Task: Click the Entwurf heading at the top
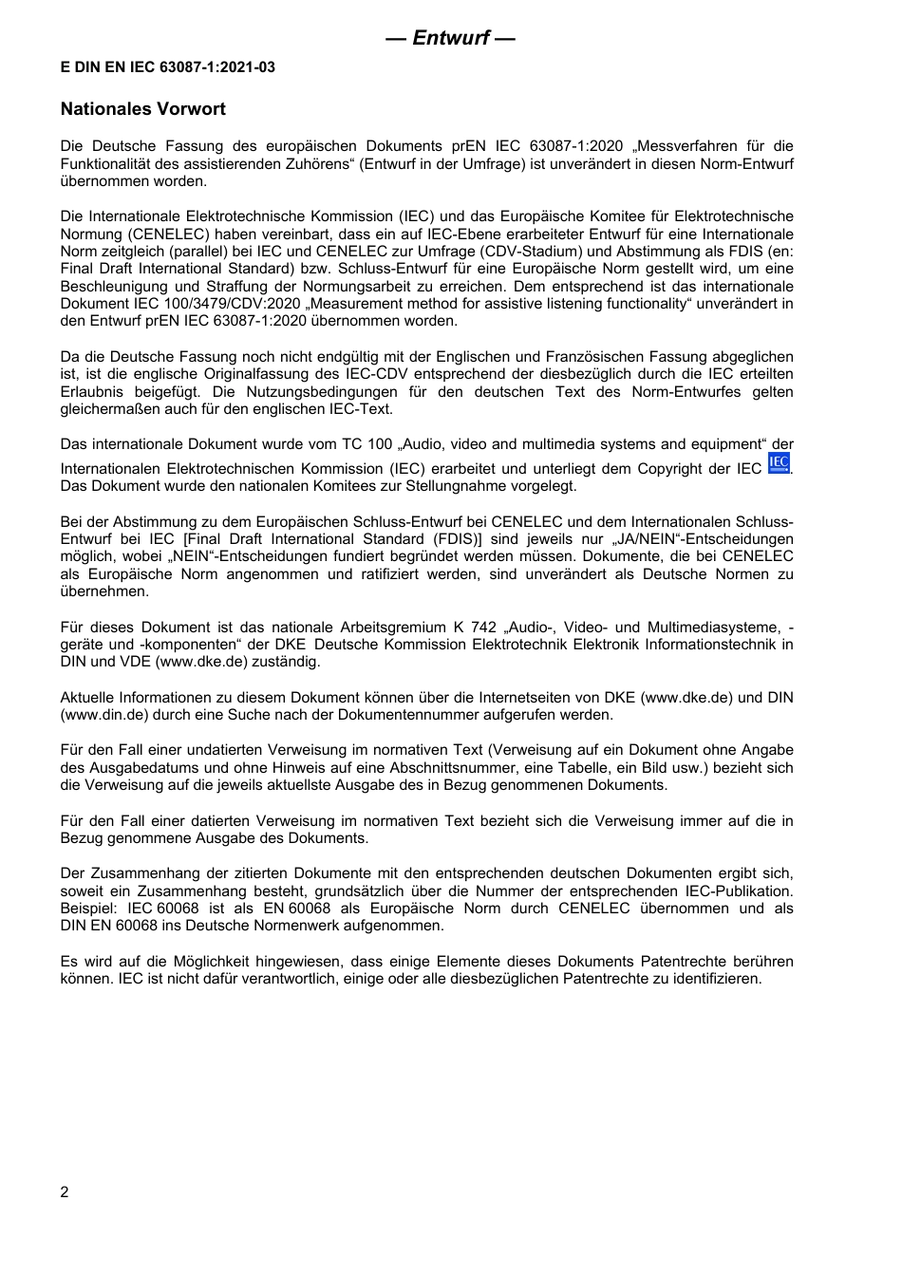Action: [450, 38]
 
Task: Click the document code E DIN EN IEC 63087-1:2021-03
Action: [168, 67]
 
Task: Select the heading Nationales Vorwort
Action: [143, 109]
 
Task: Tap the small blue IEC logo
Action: [779, 463]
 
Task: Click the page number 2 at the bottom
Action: [65, 1192]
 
